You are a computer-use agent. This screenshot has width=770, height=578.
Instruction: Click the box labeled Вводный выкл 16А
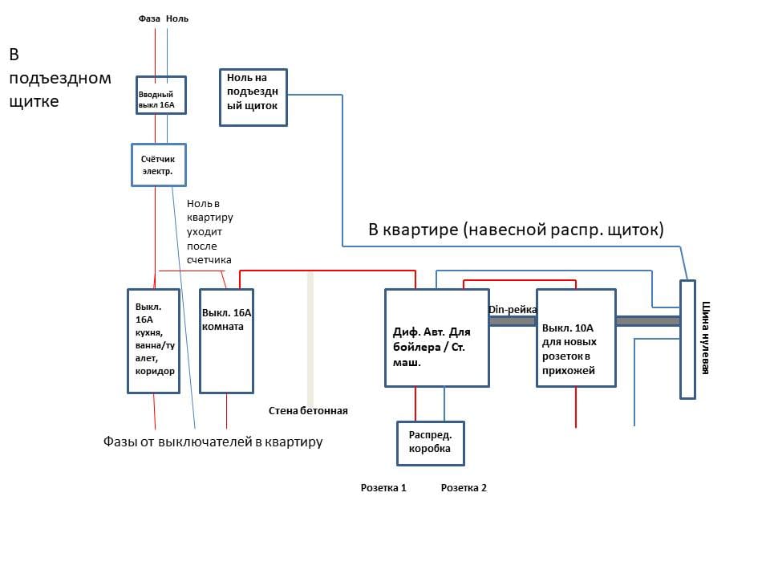[161, 96]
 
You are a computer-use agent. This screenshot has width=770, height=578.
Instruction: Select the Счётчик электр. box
[158, 165]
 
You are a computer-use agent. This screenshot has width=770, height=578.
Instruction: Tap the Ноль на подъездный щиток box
[253, 97]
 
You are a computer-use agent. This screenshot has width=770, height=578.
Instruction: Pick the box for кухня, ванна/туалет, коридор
[153, 340]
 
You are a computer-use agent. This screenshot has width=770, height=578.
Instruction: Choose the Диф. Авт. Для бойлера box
[436, 337]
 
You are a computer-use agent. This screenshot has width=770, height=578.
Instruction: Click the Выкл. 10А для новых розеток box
[575, 337]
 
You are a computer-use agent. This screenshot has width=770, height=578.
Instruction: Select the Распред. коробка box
[429, 442]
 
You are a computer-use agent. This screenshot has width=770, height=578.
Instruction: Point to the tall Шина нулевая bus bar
[687, 338]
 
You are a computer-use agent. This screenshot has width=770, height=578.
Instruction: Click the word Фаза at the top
[149, 18]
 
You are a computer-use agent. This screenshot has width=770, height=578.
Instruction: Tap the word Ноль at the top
[177, 18]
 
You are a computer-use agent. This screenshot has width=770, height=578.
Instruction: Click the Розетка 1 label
[383, 487]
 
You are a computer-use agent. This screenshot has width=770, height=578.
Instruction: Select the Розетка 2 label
[464, 487]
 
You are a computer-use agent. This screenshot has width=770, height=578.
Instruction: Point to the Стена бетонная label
[308, 411]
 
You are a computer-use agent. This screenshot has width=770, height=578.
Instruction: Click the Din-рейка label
[512, 309]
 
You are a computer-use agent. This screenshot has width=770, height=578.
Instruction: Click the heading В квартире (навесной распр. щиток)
[516, 230]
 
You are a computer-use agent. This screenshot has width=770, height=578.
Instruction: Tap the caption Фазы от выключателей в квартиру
[213, 442]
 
